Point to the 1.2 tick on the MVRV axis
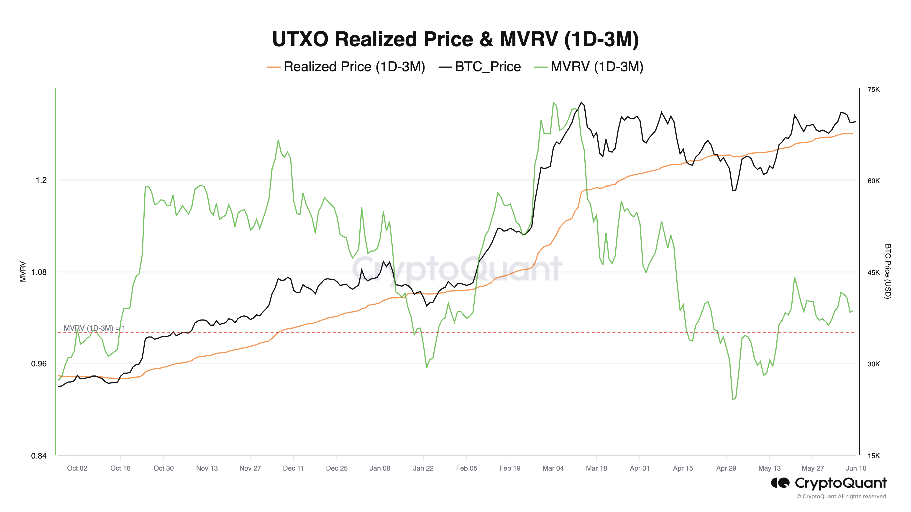(41, 180)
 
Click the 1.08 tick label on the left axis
(39, 272)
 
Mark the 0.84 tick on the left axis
(39, 456)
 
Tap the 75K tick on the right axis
(873, 89)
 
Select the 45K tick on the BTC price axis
(873, 272)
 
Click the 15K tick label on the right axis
(873, 456)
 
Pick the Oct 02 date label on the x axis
(77, 468)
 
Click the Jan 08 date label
(380, 468)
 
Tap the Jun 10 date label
(856, 468)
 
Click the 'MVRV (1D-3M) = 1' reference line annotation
(95, 328)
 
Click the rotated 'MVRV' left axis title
(23, 271)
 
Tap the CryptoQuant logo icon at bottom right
(780, 483)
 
